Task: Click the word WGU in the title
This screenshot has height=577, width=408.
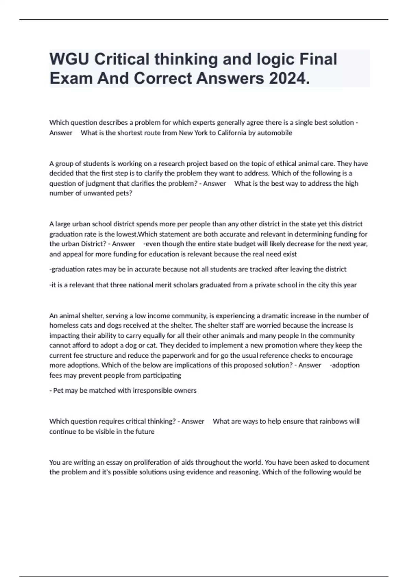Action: coord(69,59)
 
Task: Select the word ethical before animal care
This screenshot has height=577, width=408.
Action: coord(281,164)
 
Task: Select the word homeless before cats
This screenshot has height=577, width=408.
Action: coord(64,325)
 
